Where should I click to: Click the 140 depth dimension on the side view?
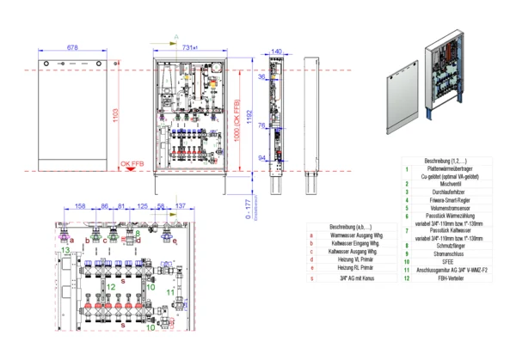[276, 52]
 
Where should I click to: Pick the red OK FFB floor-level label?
[132, 163]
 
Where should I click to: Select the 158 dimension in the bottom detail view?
[80, 207]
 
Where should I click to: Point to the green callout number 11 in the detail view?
[170, 293]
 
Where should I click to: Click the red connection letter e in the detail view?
[175, 241]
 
